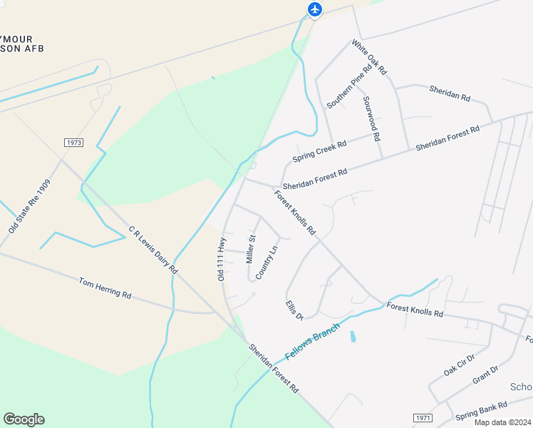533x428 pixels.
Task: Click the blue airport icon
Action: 315,9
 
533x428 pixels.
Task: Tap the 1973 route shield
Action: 73,143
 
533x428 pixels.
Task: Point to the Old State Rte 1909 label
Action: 30,207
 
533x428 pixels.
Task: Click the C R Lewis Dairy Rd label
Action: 152,250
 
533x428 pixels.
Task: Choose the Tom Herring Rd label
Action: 105,288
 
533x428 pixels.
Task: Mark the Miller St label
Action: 250,249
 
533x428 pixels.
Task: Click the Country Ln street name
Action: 265,262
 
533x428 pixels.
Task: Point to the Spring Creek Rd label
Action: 319,151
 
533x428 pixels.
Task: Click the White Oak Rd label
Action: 369,57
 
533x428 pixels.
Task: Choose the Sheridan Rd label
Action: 450,93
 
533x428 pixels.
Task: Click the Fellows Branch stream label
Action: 314,341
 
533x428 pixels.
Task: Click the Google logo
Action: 24,419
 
